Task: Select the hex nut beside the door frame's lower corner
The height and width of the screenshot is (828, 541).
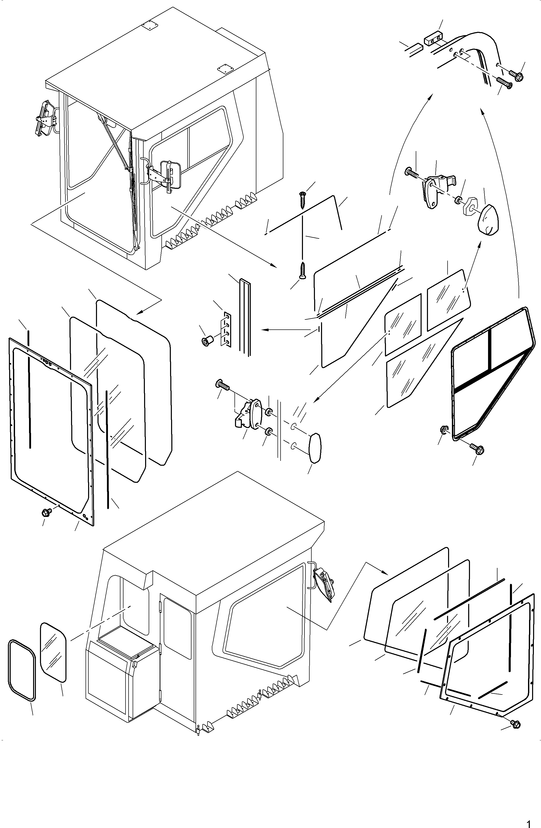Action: click(444, 430)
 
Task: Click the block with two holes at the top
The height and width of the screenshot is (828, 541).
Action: click(433, 38)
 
